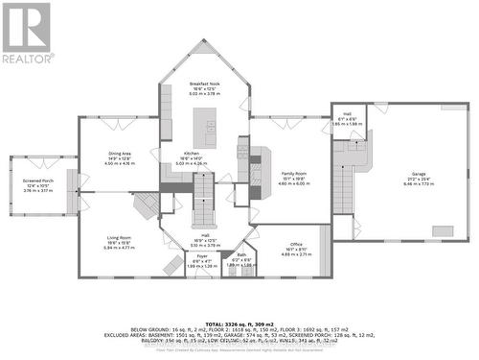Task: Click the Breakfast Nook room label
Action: tap(205, 84)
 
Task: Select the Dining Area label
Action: tap(119, 154)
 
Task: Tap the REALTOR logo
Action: tap(26, 35)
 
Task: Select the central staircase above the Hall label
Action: tap(205, 204)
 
